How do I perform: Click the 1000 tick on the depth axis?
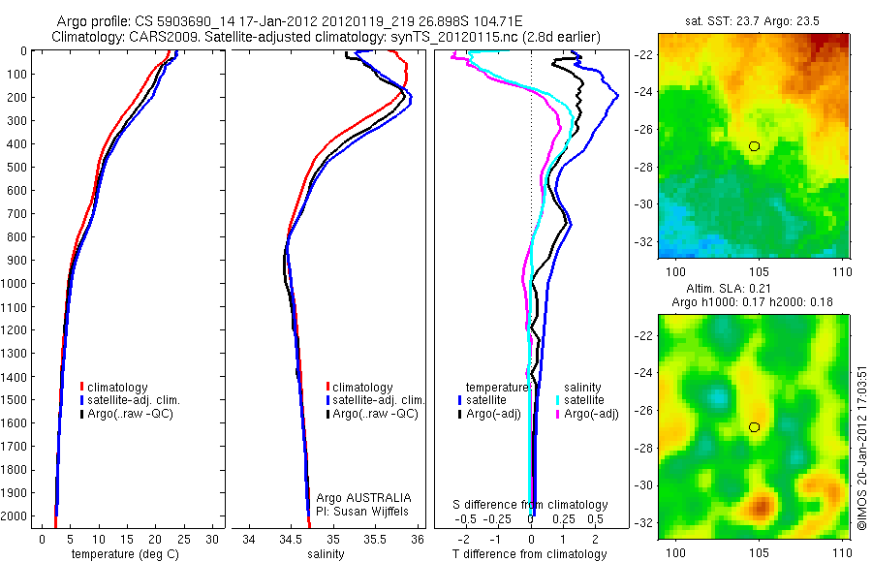[16, 284]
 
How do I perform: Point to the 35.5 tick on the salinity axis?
[375, 539]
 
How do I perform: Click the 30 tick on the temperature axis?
[213, 539]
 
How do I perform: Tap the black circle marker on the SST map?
[754, 145]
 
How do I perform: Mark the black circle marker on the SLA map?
[754, 426]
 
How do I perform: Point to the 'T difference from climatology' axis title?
[530, 554]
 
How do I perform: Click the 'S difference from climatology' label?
[530, 505]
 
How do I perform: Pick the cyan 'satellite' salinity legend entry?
[584, 399]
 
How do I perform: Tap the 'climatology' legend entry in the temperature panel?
[116, 388]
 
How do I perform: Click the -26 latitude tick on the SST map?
[644, 129]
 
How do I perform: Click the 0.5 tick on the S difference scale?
[585, 519]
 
